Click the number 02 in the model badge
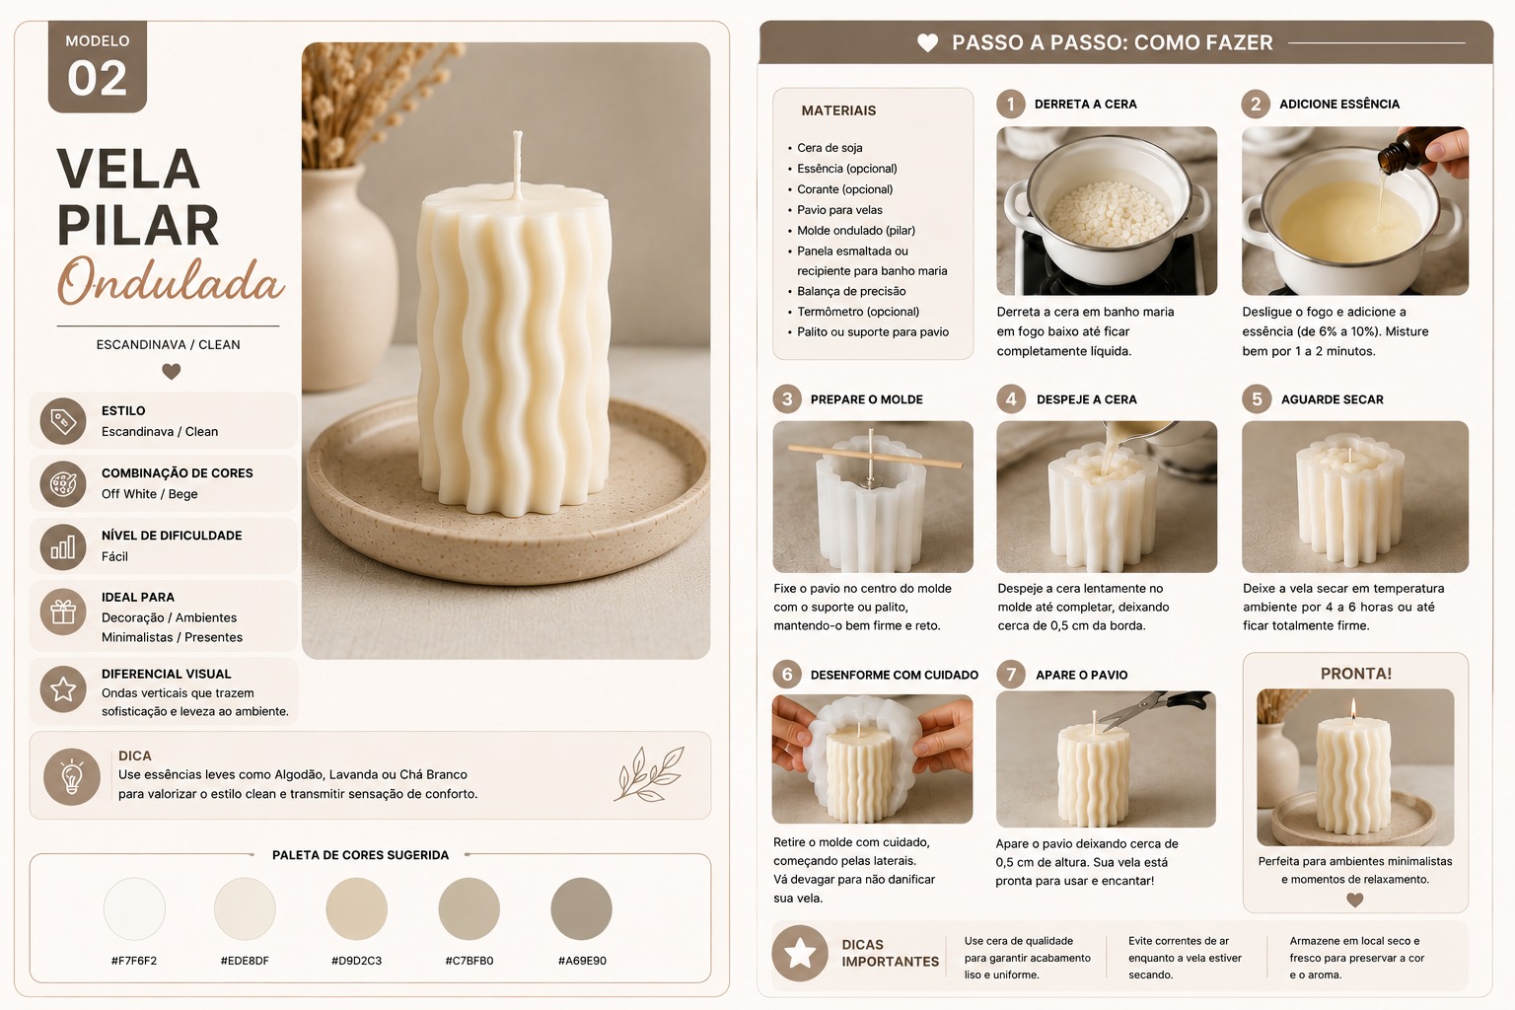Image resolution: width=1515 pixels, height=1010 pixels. tap(97, 78)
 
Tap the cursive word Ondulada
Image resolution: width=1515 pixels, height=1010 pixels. tap(170, 280)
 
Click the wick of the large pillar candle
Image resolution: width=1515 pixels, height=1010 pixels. tap(518, 165)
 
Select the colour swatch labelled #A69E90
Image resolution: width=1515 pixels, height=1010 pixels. tap(581, 908)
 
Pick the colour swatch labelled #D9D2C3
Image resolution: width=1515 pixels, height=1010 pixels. tap(356, 908)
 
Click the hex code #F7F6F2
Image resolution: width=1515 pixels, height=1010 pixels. tap(134, 961)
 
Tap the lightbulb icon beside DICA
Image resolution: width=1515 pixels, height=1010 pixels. tap(72, 776)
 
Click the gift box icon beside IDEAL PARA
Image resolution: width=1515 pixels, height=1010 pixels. tap(63, 613)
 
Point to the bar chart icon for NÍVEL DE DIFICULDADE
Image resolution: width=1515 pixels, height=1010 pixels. tap(63, 546)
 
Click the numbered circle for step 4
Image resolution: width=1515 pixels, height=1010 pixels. tap(1010, 399)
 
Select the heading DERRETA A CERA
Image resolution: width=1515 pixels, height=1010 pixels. tap(1086, 105)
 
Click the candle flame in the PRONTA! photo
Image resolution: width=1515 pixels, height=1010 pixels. tap(1353, 709)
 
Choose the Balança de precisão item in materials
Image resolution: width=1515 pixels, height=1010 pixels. tap(851, 291)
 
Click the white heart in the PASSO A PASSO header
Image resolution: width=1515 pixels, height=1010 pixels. tap(927, 42)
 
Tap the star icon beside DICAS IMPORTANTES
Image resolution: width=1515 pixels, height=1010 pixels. tap(800, 953)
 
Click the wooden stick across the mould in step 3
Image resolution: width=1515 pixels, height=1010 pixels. tap(875, 456)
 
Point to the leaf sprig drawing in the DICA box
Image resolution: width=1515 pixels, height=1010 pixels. tap(649, 774)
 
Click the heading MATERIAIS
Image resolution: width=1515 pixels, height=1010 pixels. tap(838, 110)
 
